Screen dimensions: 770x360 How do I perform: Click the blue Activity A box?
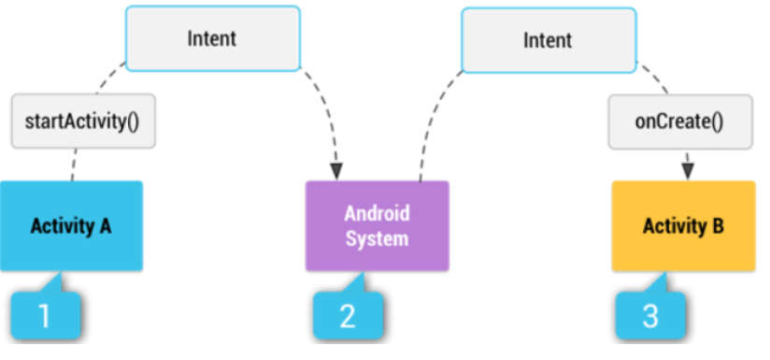pos(71,225)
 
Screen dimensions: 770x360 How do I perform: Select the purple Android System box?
pos(377,225)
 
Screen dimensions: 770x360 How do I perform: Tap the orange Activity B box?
pos(683,225)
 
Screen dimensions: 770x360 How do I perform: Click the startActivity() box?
pos(84,121)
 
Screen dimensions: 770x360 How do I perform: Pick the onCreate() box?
pos(680,121)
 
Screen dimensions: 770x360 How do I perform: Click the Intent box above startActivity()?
pos(212,39)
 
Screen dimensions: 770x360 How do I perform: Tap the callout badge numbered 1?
pos(44,316)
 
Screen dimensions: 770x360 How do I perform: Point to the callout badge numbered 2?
pos(347,316)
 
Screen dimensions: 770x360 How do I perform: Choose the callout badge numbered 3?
pos(649,316)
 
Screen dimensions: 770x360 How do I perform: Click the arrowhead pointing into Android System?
pos(336,172)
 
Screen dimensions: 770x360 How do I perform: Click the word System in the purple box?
pos(377,238)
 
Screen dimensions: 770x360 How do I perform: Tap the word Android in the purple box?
pos(377,213)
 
